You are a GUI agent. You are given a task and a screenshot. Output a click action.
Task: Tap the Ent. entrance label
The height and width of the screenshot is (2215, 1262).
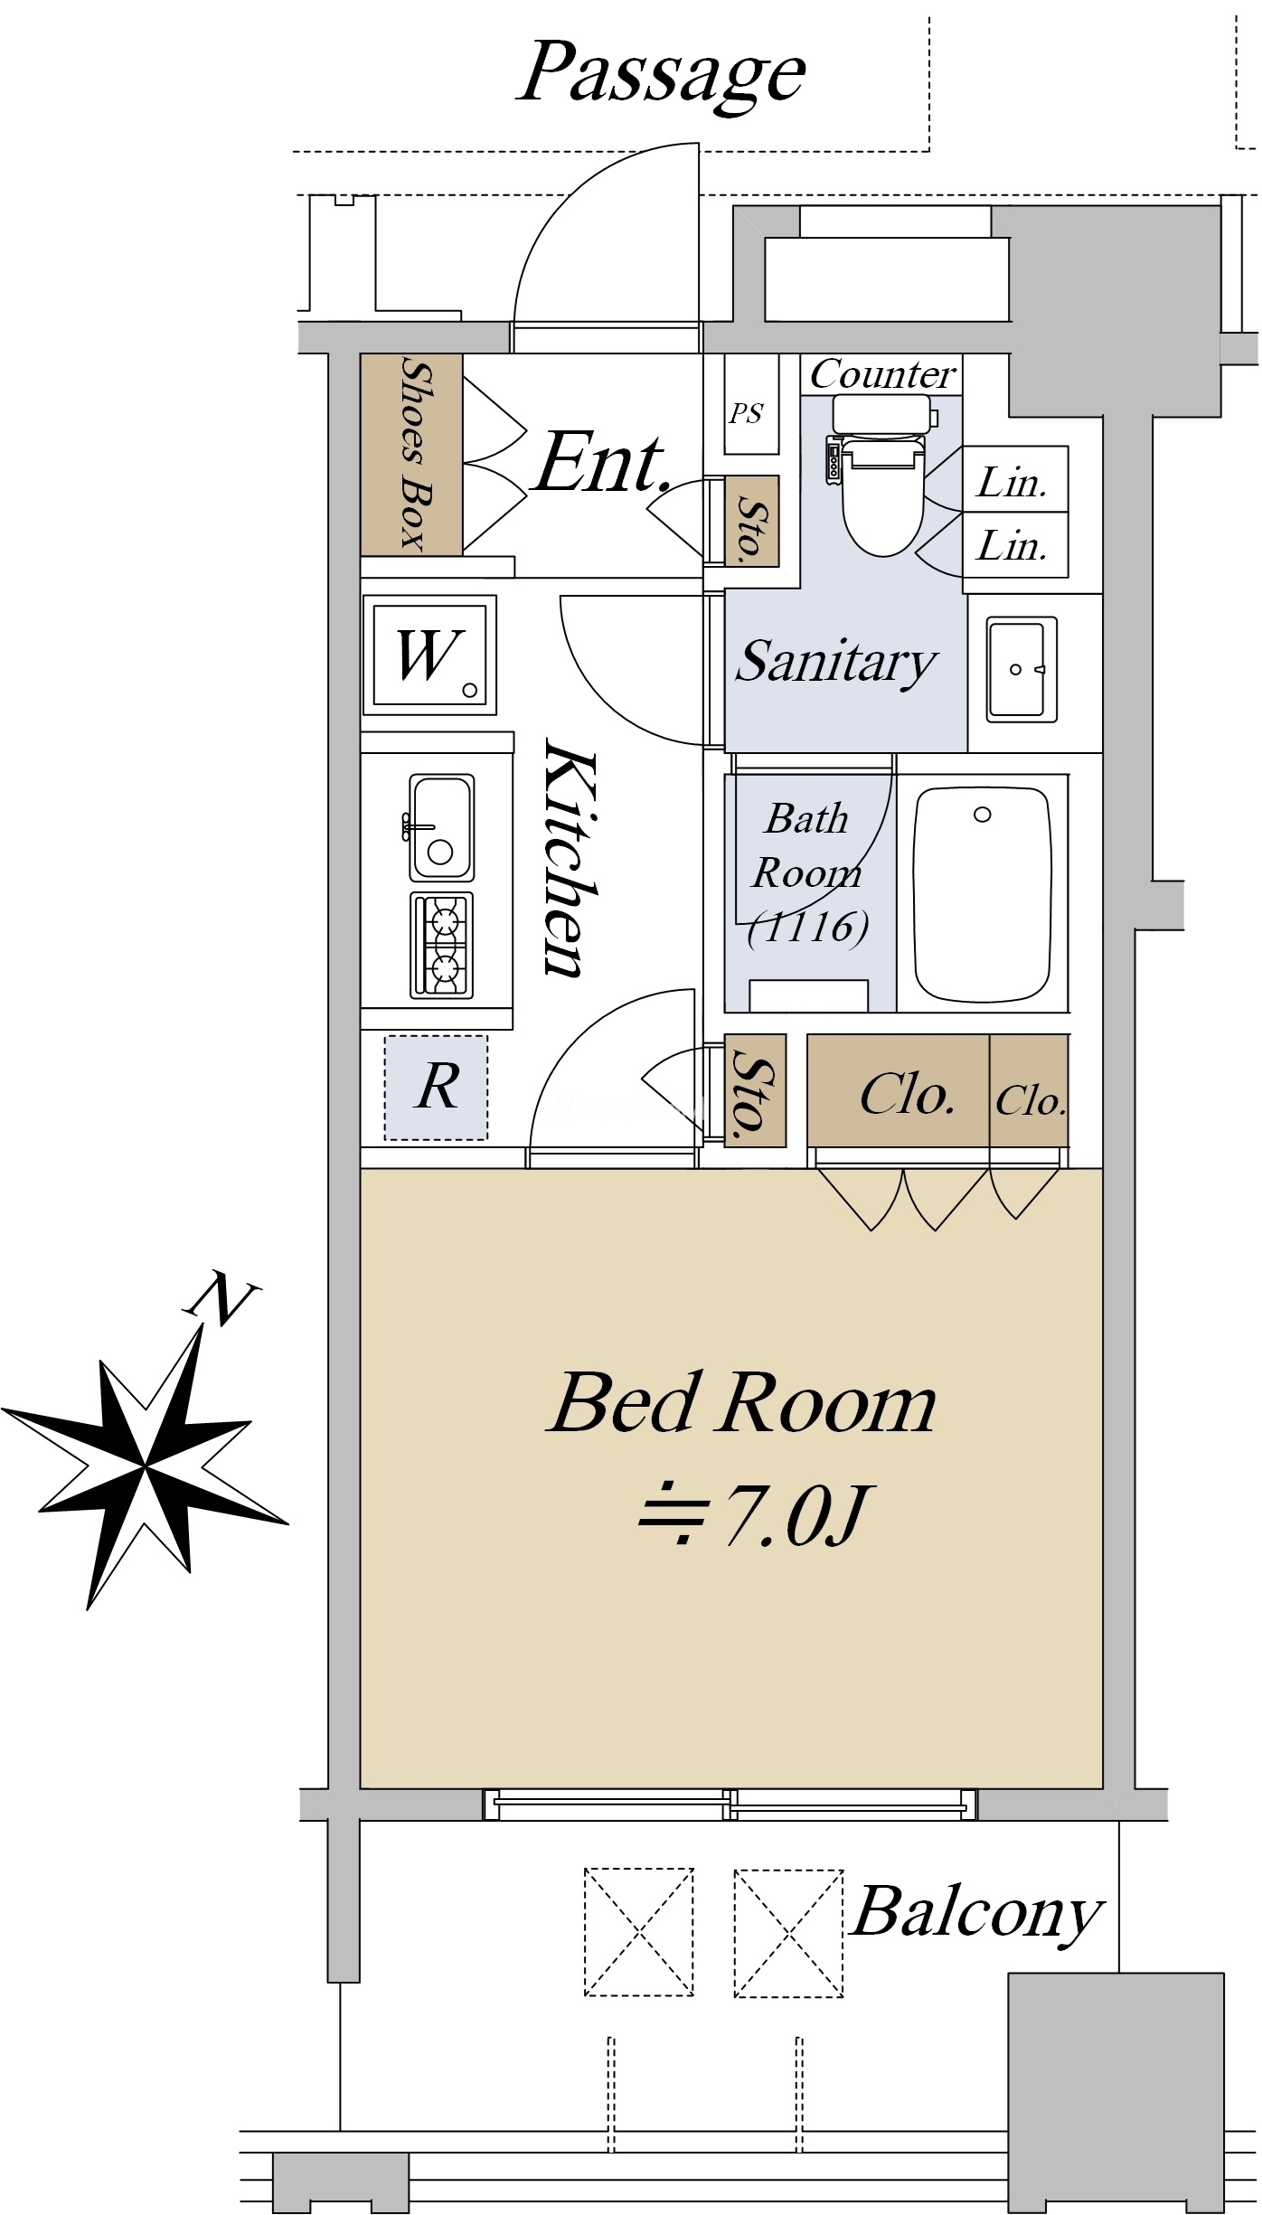[602, 463]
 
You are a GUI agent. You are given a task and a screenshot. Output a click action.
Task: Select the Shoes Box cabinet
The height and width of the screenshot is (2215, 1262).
[411, 454]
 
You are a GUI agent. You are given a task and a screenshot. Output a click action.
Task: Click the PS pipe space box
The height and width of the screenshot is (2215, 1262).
[751, 403]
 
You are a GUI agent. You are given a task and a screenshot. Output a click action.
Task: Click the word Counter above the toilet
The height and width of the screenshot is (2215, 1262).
[881, 373]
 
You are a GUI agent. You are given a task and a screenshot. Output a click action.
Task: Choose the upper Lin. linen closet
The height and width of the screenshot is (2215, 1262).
[1014, 479]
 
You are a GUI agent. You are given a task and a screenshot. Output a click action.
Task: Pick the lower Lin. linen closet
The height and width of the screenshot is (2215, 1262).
[1014, 544]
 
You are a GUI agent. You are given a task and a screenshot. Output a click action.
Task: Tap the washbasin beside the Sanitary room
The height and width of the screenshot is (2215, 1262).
[1022, 669]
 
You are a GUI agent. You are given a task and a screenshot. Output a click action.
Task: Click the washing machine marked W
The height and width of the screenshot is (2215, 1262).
[430, 655]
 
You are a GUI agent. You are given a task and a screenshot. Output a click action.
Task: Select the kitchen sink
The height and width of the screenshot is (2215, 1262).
[441, 826]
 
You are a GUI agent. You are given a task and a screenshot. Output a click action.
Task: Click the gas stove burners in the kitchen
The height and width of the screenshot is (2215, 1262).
[441, 945]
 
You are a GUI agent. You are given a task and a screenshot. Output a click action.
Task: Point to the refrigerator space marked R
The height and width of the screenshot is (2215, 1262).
[436, 1087]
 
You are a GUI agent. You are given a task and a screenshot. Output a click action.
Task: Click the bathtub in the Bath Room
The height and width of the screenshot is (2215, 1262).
[983, 892]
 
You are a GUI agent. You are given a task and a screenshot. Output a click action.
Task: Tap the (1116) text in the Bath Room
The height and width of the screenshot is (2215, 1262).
[808, 927]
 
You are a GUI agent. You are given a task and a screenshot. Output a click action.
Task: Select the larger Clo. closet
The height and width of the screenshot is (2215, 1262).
[898, 1090]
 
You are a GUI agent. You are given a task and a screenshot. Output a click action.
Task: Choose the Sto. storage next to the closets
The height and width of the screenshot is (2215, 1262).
[755, 1090]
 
